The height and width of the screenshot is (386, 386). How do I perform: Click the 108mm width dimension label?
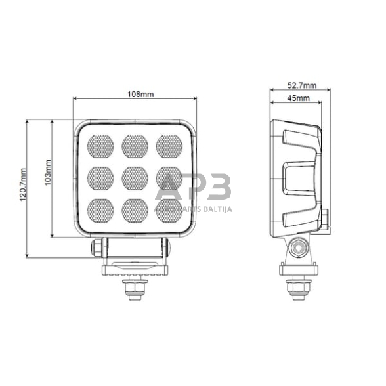139,95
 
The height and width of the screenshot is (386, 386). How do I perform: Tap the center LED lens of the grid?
135,176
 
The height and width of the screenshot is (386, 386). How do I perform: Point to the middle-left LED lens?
100,176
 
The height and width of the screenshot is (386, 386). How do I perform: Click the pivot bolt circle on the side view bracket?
298,248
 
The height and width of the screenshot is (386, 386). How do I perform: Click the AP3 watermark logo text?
194,186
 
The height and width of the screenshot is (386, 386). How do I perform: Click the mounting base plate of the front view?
134,269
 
